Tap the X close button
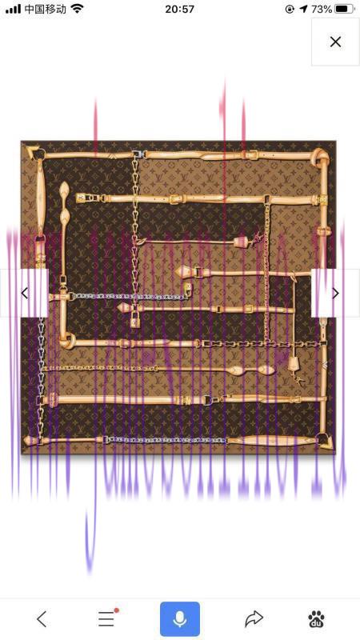tap(335, 42)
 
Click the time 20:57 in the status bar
tap(179, 9)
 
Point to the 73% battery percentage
tap(322, 9)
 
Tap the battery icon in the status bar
tap(345, 9)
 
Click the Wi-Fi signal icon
tap(77, 9)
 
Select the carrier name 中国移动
tap(46, 9)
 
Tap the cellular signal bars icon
tap(13, 10)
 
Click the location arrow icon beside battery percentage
tap(303, 9)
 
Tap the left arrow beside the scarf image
tap(25, 293)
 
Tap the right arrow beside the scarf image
tap(335, 293)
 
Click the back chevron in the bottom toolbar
tap(42, 619)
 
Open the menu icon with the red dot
tap(107, 618)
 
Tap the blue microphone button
tap(180, 618)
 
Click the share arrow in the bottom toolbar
tap(254, 618)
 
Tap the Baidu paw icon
tap(316, 618)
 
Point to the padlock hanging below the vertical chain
tap(135, 320)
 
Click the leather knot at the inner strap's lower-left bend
tap(68, 341)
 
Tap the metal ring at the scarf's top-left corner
tap(39, 154)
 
